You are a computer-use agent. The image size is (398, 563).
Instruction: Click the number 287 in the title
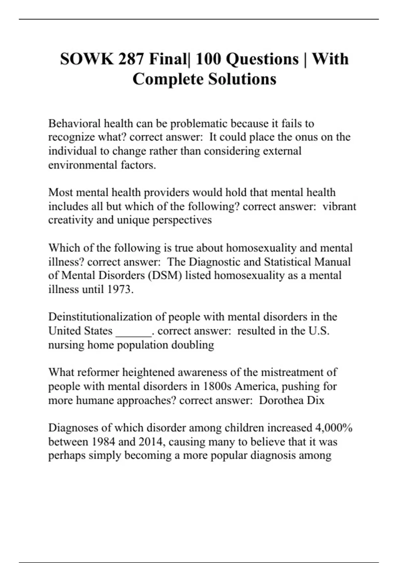click(130, 59)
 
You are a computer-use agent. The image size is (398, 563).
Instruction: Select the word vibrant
click(339, 206)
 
